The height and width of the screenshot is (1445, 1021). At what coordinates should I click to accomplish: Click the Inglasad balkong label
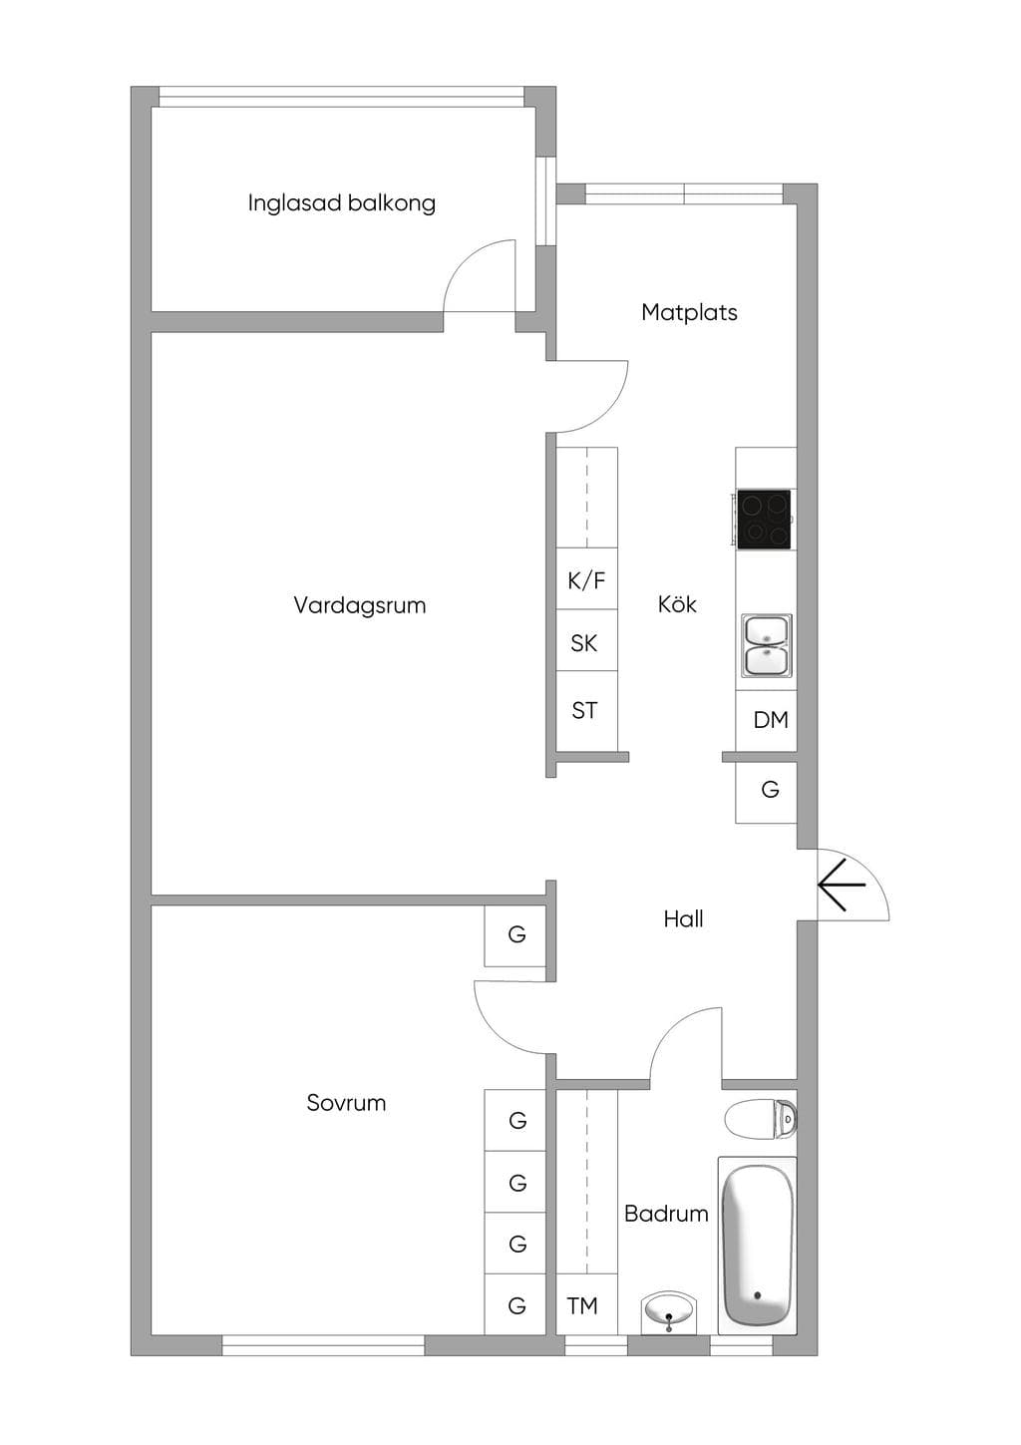point(341,203)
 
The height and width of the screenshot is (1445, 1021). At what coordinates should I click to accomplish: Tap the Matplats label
point(689,312)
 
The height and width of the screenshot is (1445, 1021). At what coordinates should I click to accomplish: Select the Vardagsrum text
point(359,605)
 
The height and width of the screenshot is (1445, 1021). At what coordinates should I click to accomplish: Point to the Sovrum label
point(346,1103)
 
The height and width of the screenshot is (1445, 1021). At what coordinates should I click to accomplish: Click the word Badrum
point(666,1214)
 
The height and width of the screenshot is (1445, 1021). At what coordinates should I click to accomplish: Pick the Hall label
point(683,918)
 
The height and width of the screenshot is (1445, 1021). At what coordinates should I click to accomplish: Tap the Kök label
point(677,603)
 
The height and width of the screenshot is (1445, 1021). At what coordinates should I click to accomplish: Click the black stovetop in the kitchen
point(764,520)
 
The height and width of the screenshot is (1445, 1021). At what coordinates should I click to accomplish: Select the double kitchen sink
point(766,646)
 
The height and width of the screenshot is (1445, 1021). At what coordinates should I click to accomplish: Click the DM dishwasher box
point(766,720)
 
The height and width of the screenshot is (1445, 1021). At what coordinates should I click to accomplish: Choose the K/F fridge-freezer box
point(586,578)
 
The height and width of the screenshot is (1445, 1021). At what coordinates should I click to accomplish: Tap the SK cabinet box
point(586,640)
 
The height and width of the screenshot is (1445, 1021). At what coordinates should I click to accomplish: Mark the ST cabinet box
point(586,711)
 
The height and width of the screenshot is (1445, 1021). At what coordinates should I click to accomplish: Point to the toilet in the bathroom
point(761,1117)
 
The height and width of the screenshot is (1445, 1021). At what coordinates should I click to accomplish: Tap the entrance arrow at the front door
point(843,885)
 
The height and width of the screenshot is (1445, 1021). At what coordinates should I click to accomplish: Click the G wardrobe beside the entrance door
point(766,792)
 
